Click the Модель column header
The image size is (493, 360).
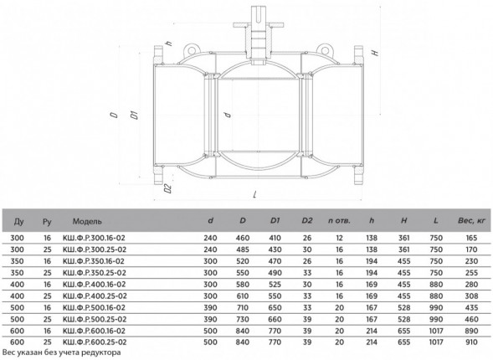coord(87,221)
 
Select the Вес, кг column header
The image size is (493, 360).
coord(471,221)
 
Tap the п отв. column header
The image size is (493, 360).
coord(339,221)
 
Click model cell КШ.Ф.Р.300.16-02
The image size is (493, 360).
coord(94,238)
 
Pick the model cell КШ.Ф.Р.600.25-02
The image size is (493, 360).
coord(95,342)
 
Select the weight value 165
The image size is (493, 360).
coord(471,238)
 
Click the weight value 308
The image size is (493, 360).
coord(471,296)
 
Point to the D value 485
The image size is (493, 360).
coord(243,249)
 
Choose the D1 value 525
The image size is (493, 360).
coord(275,284)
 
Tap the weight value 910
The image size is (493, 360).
coord(471,342)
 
